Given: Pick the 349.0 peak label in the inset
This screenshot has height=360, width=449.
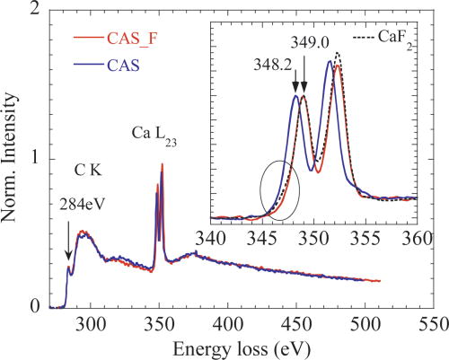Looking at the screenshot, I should [311, 43].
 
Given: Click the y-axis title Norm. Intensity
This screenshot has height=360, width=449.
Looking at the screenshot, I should [13, 157].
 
